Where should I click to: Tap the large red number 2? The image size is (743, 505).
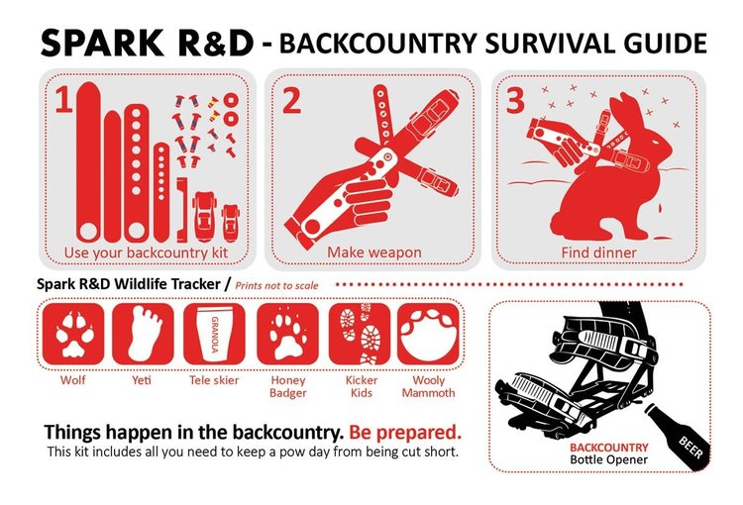[x=291, y=103]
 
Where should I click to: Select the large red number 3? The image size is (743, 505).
[x=517, y=103]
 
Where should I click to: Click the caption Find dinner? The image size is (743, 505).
[x=600, y=252]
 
